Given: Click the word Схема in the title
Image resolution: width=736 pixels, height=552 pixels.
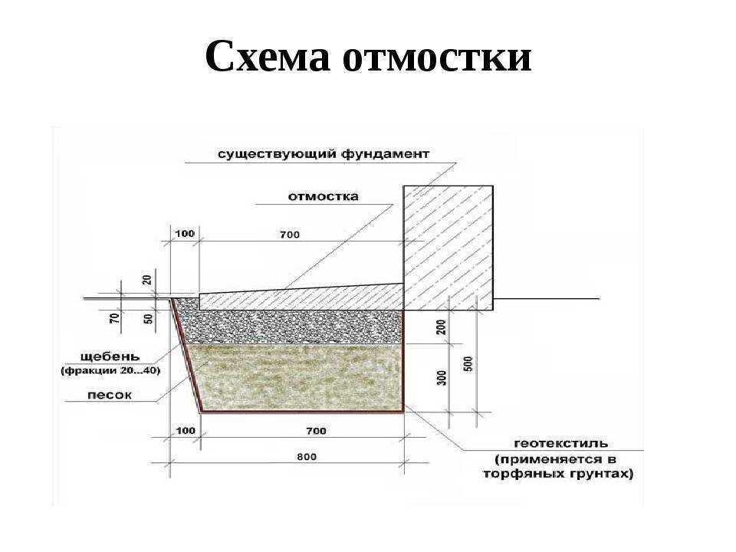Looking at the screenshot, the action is [x=268, y=57].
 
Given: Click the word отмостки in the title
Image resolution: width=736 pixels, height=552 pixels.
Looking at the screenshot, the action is [x=437, y=57].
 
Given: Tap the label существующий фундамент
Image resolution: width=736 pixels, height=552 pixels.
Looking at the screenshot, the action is [x=324, y=154].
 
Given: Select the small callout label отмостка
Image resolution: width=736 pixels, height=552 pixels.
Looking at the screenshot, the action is [x=323, y=196].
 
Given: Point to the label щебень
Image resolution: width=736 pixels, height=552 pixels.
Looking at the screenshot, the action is [x=110, y=356].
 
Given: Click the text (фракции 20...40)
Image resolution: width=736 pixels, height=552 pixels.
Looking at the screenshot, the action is [x=110, y=371].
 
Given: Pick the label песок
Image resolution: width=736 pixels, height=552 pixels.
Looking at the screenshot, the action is [x=110, y=396].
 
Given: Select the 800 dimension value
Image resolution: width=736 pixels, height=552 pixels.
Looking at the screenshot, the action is [x=307, y=456].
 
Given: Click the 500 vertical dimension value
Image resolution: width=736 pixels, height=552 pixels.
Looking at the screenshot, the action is [x=468, y=364].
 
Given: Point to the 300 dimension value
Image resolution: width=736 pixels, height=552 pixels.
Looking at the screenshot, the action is [x=442, y=378].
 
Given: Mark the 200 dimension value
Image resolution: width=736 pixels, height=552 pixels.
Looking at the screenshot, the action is [x=442, y=327].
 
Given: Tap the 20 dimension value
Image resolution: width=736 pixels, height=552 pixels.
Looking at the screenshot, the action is [x=147, y=280].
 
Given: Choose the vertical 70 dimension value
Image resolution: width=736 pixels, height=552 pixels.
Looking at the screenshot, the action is [x=114, y=318].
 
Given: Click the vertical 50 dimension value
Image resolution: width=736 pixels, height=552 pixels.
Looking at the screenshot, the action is [x=148, y=319].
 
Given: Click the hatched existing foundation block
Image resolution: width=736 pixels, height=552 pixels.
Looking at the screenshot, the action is [x=449, y=248].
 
